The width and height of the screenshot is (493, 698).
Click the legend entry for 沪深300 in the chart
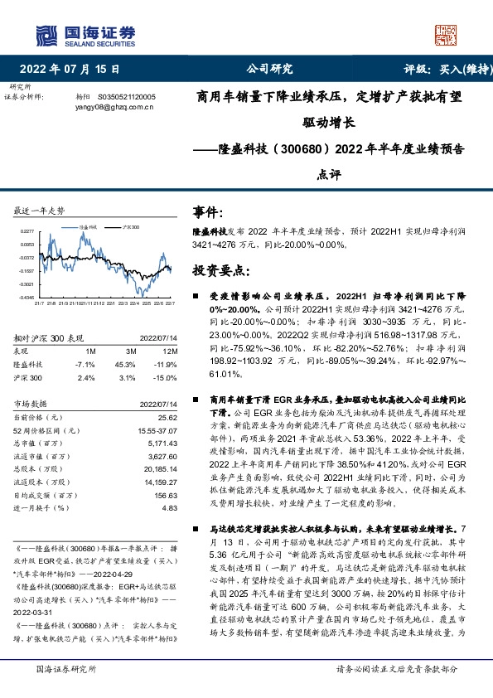click(131, 225)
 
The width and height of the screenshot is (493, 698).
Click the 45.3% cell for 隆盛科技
click(125, 364)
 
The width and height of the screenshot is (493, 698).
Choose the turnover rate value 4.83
click(169, 508)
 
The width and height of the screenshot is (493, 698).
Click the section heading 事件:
click(207, 213)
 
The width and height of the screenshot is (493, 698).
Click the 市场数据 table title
click(33, 403)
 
